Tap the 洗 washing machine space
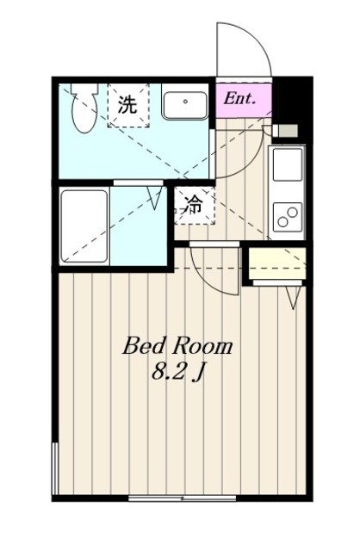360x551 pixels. tap(127, 106)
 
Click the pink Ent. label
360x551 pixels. tap(240, 98)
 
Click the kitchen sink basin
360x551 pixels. tap(288, 163)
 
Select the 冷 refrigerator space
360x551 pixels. tap(195, 205)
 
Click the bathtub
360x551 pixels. tap(84, 226)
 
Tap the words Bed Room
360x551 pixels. tap(177, 346)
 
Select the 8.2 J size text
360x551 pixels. tap(177, 372)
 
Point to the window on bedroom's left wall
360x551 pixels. tap(55, 469)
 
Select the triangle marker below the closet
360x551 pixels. tap(292, 298)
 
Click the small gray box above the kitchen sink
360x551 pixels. tap(288, 131)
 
